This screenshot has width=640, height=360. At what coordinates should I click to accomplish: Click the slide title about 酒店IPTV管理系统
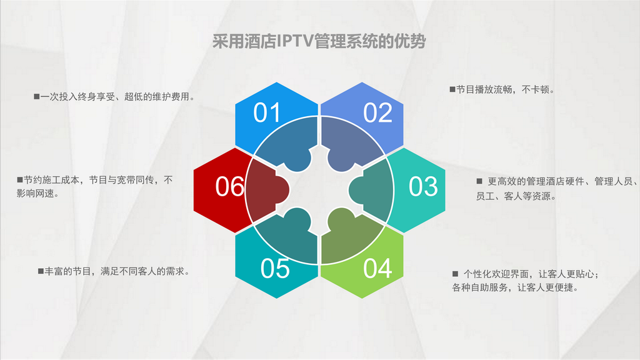click(x=319, y=41)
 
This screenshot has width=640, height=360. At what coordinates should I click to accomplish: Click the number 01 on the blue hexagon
click(x=267, y=112)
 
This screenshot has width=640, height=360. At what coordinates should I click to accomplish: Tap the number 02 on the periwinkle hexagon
click(x=377, y=112)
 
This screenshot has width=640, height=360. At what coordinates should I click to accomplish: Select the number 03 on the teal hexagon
click(x=423, y=186)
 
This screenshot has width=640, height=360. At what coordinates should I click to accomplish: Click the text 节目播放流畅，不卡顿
click(x=505, y=89)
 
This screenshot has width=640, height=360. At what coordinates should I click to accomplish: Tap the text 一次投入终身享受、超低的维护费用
click(x=117, y=97)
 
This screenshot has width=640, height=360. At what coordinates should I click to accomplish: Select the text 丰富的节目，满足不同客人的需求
click(x=117, y=271)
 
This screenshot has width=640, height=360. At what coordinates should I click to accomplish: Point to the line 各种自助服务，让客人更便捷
click(x=515, y=287)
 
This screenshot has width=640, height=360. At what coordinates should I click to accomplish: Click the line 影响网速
click(x=37, y=194)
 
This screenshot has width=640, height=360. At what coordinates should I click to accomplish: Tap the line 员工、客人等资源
click(x=516, y=196)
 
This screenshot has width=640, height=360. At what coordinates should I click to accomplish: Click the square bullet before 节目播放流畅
click(x=452, y=89)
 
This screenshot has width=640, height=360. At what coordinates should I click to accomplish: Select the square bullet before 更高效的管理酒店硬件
click(x=479, y=181)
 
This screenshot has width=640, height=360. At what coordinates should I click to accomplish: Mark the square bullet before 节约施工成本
click(x=19, y=179)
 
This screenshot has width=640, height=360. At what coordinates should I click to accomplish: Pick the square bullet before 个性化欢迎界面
click(x=455, y=274)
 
